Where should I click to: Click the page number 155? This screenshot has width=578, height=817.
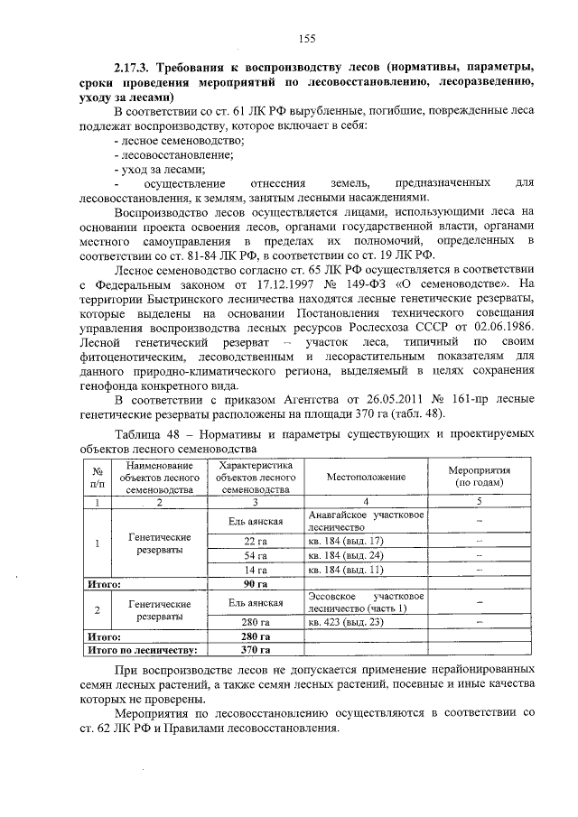tap(307, 37)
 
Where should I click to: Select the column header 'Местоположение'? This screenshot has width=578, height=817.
tap(365, 476)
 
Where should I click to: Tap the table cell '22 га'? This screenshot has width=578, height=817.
tap(255, 540)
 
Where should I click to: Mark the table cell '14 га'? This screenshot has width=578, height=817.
tap(255, 570)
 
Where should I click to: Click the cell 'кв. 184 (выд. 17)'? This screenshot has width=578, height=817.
tap(346, 540)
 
